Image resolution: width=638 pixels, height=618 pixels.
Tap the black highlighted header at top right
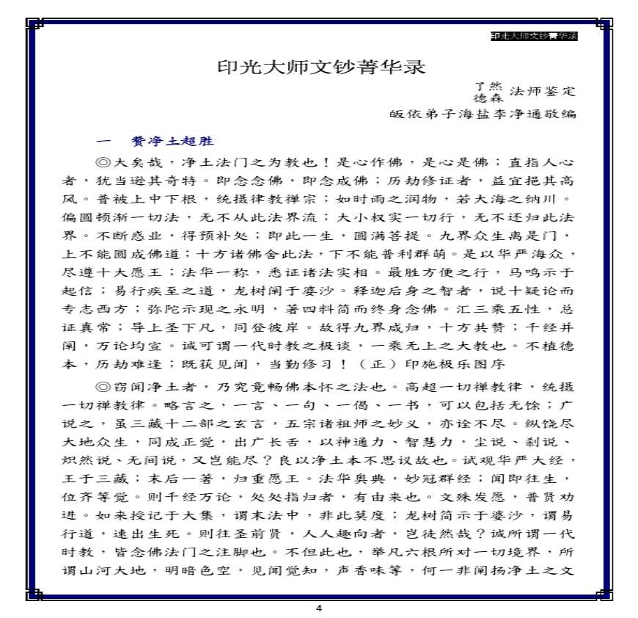click(x=534, y=35)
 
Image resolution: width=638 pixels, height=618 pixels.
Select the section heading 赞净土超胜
click(x=172, y=142)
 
